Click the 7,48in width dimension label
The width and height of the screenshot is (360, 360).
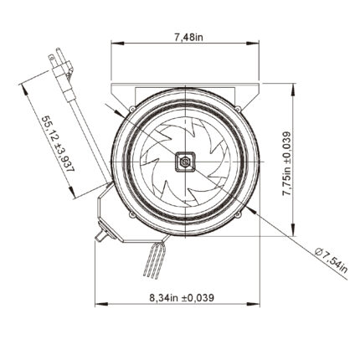point(189,37)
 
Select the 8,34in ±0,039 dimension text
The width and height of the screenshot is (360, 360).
point(182,298)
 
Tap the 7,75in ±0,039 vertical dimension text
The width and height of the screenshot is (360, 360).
point(286,163)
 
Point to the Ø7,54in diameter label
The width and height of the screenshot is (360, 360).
point(332,260)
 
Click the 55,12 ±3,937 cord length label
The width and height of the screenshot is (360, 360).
point(58,144)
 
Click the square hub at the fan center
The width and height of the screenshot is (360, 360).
point(184,162)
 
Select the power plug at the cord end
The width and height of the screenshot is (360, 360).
point(61,72)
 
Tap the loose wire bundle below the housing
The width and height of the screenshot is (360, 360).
point(154,260)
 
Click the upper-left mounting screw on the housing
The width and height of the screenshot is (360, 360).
point(132,109)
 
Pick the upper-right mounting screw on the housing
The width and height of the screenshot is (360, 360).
point(238,108)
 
